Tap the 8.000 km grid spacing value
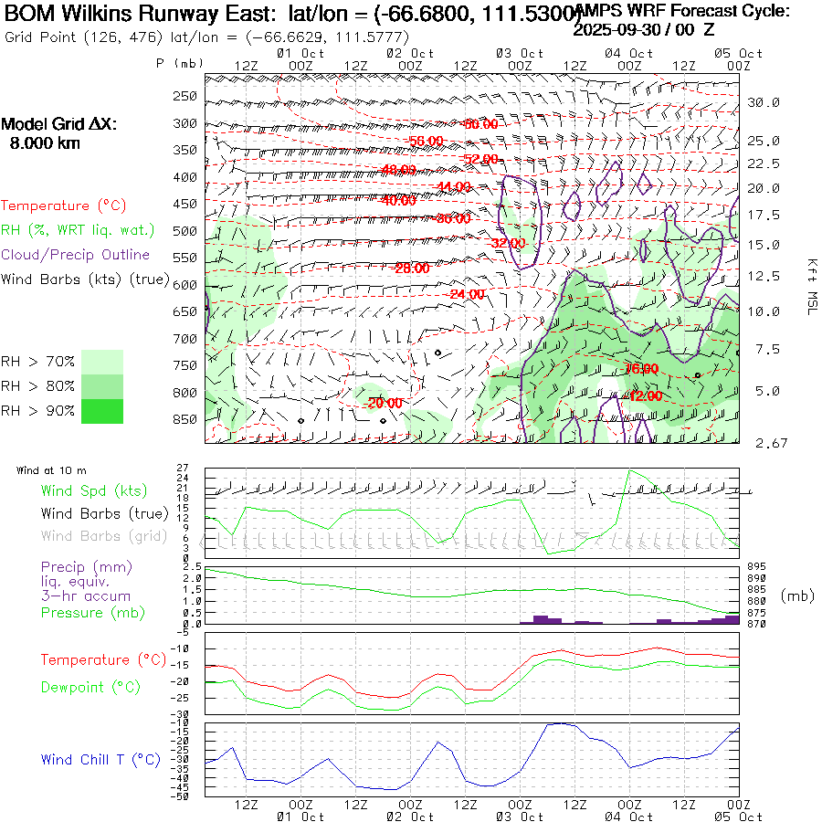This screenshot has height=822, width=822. click(x=45, y=143)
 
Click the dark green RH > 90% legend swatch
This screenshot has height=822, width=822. click(x=102, y=411)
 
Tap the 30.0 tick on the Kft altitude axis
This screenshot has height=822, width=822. click(x=764, y=102)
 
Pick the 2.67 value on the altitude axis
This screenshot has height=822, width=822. click(x=764, y=443)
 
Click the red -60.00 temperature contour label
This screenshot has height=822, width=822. click(x=480, y=124)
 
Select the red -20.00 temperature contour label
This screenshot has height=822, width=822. click(x=383, y=403)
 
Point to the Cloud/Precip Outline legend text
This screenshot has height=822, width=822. click(x=76, y=255)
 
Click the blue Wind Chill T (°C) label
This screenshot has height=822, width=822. click(x=100, y=759)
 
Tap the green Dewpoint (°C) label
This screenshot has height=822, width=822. click(x=90, y=686)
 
